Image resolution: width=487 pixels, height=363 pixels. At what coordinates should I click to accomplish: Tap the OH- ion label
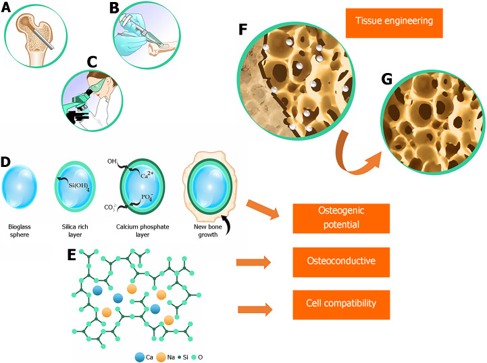[111, 162]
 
